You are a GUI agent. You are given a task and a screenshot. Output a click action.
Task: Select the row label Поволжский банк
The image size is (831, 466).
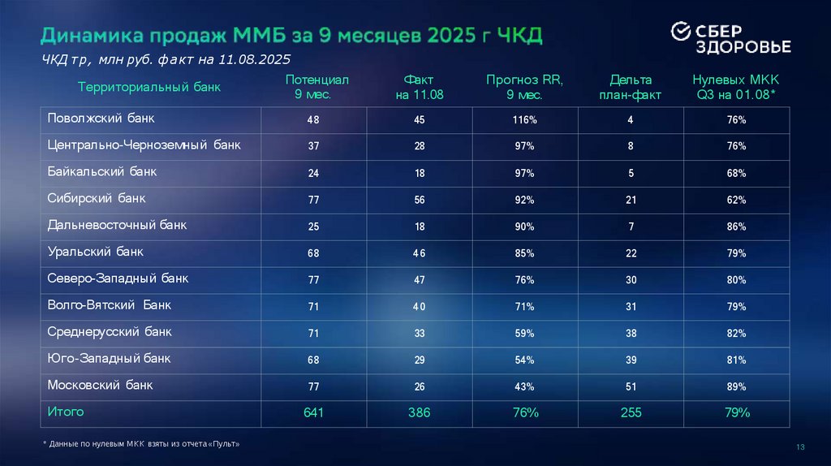click(x=101, y=119)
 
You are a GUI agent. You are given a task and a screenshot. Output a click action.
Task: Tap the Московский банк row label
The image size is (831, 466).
click(x=100, y=385)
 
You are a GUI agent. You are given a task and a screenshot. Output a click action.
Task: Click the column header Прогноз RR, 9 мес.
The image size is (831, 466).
click(x=524, y=87)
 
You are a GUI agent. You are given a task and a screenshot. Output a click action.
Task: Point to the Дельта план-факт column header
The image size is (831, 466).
click(x=630, y=87)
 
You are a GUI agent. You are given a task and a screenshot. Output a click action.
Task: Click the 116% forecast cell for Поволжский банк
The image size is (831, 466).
click(x=524, y=120)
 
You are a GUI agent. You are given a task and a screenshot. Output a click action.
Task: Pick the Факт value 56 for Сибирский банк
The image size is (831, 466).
click(x=419, y=200)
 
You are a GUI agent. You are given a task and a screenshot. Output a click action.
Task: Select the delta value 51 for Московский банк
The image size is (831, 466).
click(x=631, y=386)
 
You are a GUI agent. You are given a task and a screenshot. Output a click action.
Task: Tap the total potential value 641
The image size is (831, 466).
click(x=313, y=413)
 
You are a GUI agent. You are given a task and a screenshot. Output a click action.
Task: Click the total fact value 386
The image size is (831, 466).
click(x=419, y=413)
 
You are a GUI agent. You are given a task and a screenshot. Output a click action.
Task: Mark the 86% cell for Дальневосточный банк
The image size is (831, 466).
click(x=736, y=227)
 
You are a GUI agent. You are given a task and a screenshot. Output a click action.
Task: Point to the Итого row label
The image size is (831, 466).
click(x=66, y=412)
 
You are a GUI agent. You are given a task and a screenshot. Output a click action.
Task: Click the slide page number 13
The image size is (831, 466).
click(x=800, y=448)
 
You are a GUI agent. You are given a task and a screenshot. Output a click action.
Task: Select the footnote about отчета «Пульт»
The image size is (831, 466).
click(x=141, y=445)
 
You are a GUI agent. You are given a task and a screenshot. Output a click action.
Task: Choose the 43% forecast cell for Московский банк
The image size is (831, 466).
click(x=524, y=386)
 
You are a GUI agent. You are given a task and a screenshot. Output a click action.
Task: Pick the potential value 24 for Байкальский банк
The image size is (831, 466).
click(x=313, y=174)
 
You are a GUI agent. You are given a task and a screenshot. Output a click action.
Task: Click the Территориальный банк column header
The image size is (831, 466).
click(x=149, y=86)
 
